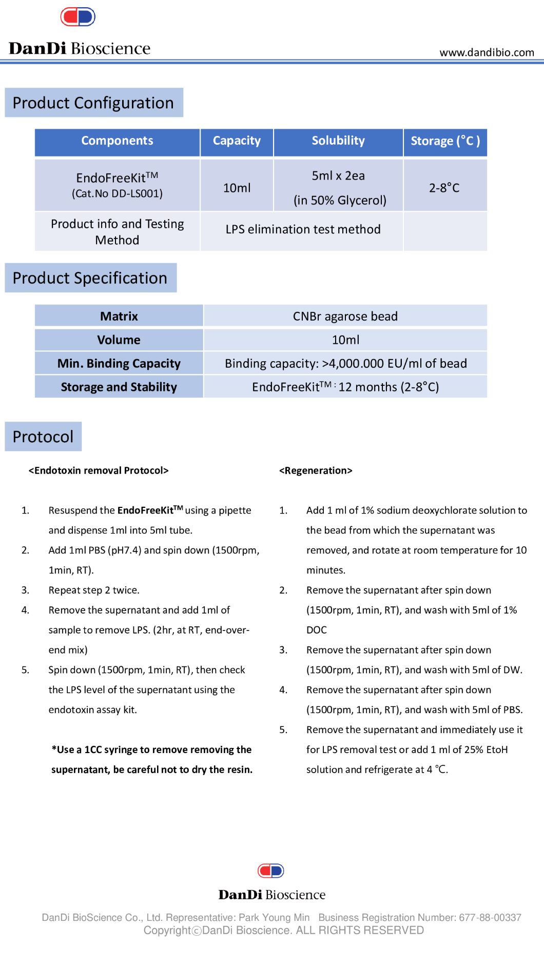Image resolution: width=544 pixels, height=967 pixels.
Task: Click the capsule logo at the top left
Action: coord(78,17)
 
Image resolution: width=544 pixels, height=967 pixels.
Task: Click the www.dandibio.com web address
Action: coord(487,52)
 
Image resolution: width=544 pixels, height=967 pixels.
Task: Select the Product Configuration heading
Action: coord(93,103)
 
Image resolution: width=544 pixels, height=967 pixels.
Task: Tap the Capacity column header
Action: coord(237,141)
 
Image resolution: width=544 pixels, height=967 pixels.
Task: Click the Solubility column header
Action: coord(338,141)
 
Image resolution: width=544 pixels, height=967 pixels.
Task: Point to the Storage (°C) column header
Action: coord(445,141)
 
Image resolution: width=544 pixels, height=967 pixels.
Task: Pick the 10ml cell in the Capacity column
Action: coord(237,188)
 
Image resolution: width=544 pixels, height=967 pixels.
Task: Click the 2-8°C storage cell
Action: coord(444,188)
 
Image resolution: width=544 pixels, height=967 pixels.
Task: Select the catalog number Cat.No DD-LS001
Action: coord(117,194)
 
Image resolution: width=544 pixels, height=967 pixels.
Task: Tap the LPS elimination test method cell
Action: coord(303,229)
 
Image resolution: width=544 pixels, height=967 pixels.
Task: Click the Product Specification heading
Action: coord(90,278)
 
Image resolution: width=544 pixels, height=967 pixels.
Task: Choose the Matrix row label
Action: coord(119,316)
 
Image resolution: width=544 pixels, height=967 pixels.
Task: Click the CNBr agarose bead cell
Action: coord(345,316)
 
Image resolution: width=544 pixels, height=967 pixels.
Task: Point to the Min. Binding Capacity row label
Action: coord(119,364)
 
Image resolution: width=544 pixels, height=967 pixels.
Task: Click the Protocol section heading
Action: coord(43,437)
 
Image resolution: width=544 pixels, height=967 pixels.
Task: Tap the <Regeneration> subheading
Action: coord(316,470)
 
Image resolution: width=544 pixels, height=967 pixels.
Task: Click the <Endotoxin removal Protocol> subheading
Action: coord(99,470)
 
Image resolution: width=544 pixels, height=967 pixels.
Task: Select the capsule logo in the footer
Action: coord(271,871)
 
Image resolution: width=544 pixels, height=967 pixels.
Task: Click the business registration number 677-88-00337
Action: coord(490,917)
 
